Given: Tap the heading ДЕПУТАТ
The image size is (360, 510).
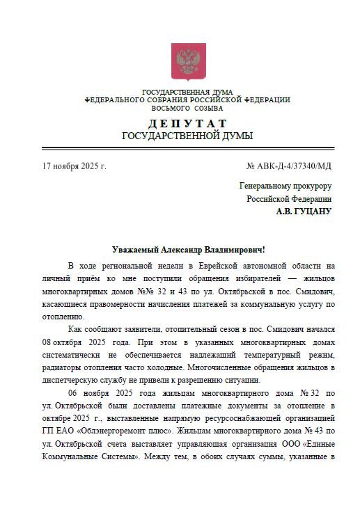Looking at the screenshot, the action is pos(187,123).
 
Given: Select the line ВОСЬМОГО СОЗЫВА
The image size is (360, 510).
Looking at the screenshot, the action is pos(187,109).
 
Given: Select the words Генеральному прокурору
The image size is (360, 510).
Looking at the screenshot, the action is pos(285,186).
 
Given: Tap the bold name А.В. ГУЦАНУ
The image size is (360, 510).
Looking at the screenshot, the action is pos(304,211).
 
